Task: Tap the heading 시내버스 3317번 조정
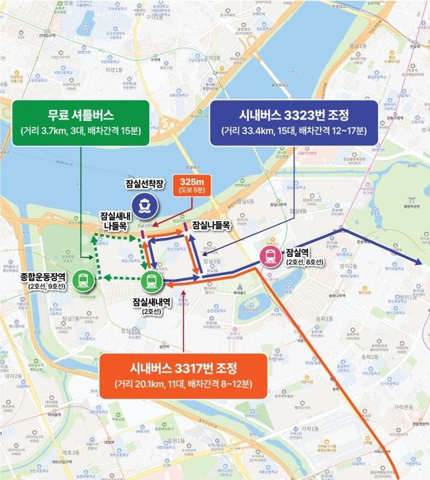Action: coord(183,369)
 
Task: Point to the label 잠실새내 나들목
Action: coord(115,221)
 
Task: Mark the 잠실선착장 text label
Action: coord(144,184)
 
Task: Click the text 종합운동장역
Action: coord(42,276)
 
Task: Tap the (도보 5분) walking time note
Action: coord(191,192)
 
